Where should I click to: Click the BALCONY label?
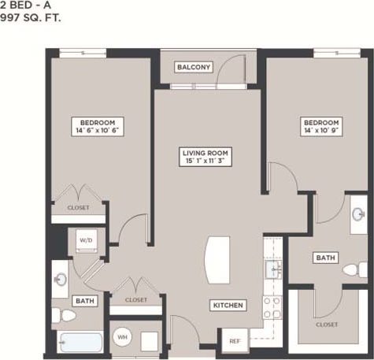(x=193, y=67)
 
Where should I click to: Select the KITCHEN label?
(x=227, y=305)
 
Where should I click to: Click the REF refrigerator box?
(x=235, y=340)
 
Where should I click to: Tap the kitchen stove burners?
(x=272, y=307)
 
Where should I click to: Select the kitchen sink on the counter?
(x=273, y=270)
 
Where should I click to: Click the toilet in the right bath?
(x=352, y=269)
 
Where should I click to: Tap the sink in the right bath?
(x=358, y=214)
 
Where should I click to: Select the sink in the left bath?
(x=61, y=279)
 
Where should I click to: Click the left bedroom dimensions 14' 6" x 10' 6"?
(x=98, y=132)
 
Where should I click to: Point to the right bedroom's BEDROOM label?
(x=321, y=123)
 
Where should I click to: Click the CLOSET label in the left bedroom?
(x=78, y=208)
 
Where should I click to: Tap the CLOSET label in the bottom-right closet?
(x=327, y=325)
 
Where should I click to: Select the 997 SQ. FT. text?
(x=31, y=16)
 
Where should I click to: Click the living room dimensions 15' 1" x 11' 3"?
(x=205, y=161)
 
